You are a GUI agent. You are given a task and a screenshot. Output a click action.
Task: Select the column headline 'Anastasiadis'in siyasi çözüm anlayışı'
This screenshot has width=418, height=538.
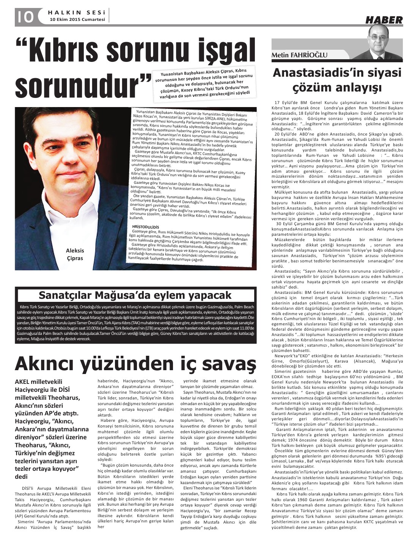coord(337,80)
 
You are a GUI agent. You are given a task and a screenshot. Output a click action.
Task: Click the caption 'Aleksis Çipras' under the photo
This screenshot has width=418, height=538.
coord(75,254)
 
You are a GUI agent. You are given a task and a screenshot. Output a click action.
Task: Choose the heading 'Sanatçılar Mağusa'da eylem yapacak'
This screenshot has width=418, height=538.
coord(135,295)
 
